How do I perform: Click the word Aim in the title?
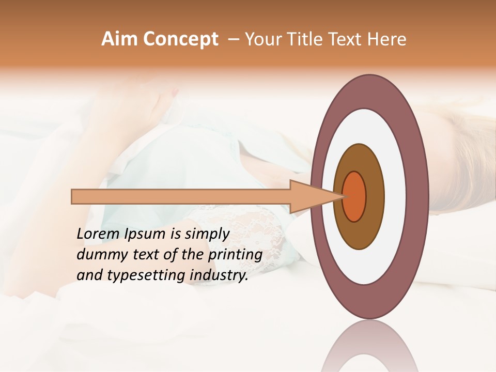point(118,39)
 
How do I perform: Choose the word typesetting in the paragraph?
point(139,275)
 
